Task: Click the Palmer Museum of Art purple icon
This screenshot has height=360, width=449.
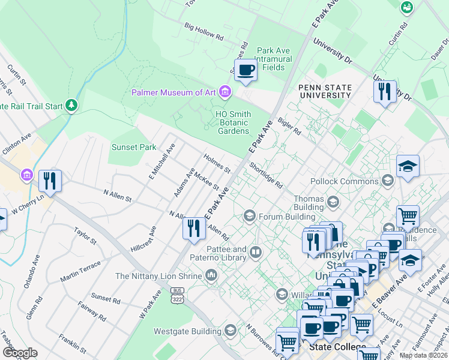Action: point(225,92)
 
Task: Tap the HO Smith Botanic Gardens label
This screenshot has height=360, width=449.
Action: point(233,122)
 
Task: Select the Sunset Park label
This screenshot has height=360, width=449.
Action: point(133,147)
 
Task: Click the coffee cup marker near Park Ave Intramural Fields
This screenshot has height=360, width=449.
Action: point(246,71)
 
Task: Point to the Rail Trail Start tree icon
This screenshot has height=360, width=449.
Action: point(72,106)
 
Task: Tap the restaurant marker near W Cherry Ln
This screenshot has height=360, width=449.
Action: point(50,181)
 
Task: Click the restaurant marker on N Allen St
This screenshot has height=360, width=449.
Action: point(193,229)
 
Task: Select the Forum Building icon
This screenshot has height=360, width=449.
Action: point(250,215)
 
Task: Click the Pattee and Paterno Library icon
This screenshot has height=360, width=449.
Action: point(256,253)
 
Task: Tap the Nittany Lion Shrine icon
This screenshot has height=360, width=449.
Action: point(211,275)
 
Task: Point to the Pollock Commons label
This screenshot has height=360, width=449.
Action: point(345,181)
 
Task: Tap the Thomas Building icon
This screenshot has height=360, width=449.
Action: point(333,202)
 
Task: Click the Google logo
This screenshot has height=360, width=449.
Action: point(20,352)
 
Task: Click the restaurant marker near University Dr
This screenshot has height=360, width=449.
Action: point(384,91)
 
